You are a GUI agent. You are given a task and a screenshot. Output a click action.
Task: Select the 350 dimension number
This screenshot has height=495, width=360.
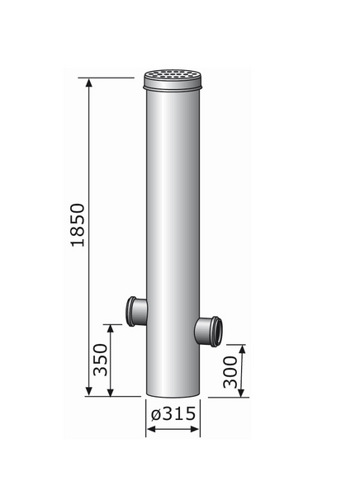[x=101, y=359]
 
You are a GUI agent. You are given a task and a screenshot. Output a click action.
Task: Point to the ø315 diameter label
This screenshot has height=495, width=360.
[x=173, y=413]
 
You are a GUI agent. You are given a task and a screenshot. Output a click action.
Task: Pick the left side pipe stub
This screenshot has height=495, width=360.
[x=133, y=311]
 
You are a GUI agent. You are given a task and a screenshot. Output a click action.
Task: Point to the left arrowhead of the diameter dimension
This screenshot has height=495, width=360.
[x=150, y=430]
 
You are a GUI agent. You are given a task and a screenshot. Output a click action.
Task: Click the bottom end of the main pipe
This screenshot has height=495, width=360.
[x=173, y=393]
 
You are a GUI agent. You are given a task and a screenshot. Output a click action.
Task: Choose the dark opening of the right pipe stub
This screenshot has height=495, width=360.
[x=216, y=330]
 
